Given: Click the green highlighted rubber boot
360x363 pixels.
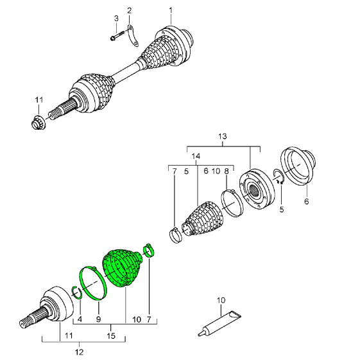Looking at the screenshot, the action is pyautogui.click(x=121, y=268).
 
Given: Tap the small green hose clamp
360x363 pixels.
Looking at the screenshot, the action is pyautogui.click(x=149, y=251).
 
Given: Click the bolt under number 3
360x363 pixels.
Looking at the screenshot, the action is pyautogui.click(x=118, y=36).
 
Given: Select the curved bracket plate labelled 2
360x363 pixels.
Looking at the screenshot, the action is pyautogui.click(x=133, y=36).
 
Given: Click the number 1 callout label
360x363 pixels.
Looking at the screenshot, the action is pyautogui.click(x=171, y=10).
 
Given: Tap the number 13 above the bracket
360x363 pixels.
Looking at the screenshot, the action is pyautogui.click(x=223, y=137).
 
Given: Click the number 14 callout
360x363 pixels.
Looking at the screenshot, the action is pyautogui.click(x=196, y=157).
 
